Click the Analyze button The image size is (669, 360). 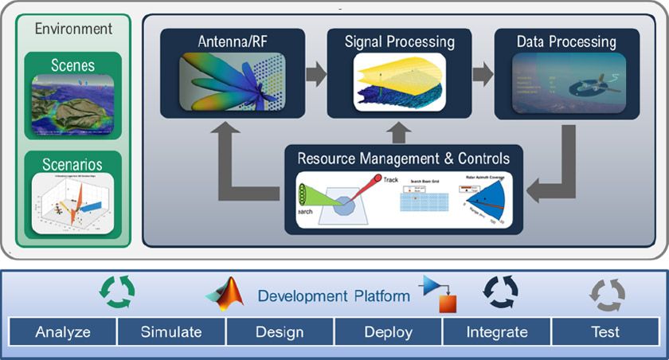63,331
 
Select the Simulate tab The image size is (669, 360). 171,331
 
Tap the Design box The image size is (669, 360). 280,331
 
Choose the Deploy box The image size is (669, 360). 388,331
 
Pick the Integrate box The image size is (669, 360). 496,331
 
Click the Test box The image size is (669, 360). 604,331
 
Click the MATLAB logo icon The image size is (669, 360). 224,295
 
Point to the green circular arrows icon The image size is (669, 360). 116,292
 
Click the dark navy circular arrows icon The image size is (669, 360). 500,292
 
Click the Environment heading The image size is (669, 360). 73,29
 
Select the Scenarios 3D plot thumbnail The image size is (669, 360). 73,203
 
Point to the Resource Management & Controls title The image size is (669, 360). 404,158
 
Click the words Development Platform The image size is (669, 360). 334,296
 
